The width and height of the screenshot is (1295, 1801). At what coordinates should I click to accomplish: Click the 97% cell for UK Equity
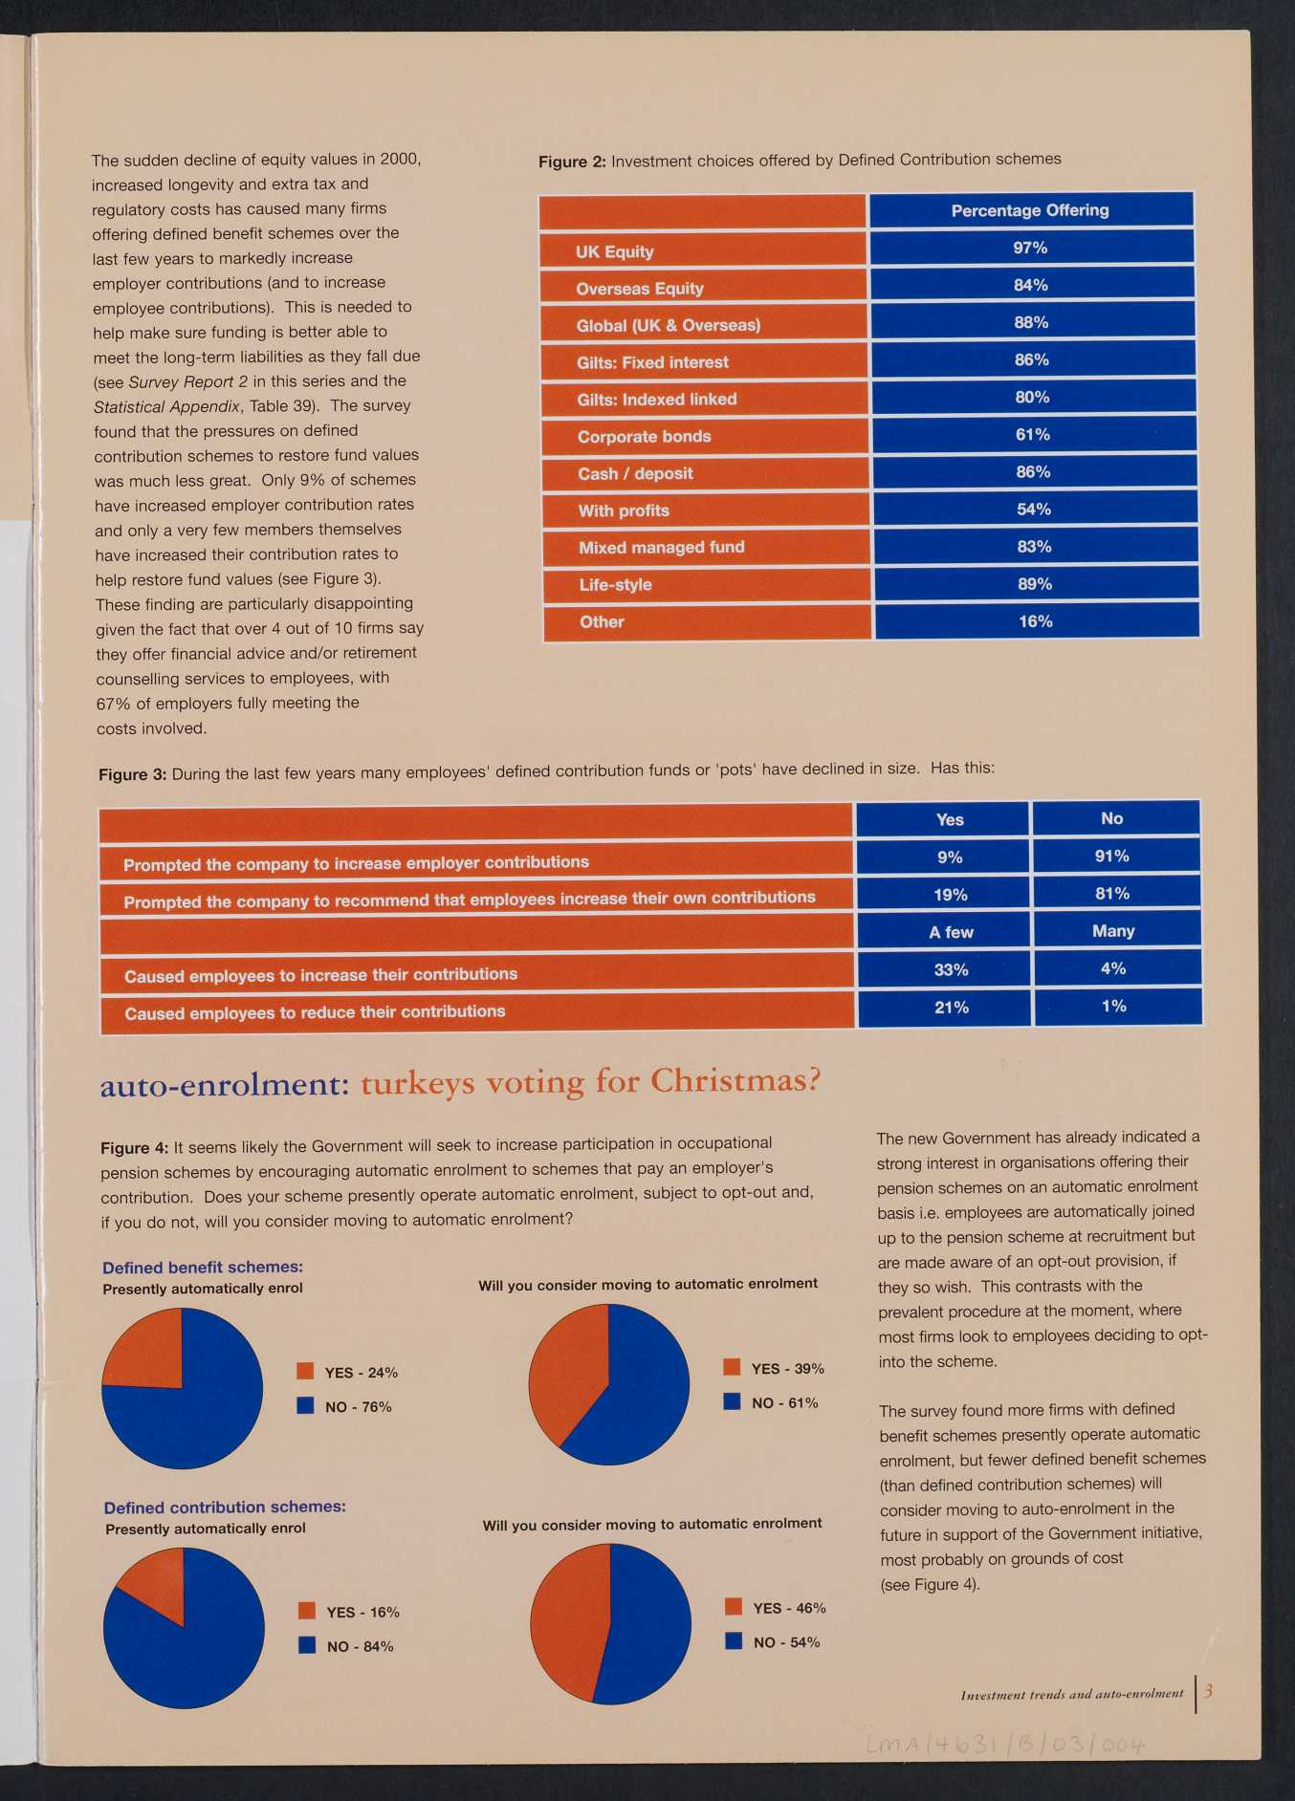tap(1031, 248)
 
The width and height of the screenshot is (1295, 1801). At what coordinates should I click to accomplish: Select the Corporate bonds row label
tap(645, 437)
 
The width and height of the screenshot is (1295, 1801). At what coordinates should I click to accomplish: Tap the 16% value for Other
tap(1036, 621)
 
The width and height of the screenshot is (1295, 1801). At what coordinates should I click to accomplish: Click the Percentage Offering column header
tap(1030, 210)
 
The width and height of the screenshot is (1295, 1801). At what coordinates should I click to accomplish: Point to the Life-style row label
tap(615, 585)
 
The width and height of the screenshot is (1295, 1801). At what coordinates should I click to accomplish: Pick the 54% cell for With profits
tap(1034, 510)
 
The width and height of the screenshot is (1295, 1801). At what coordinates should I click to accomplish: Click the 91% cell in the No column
tap(1112, 856)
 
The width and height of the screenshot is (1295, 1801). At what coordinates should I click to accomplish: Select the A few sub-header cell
tap(951, 932)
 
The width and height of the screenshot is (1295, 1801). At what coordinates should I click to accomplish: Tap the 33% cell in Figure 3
tap(952, 969)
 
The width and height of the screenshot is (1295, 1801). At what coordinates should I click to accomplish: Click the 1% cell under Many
tap(1114, 1006)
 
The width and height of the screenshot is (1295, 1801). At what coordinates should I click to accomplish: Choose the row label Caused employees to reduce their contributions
tap(315, 1012)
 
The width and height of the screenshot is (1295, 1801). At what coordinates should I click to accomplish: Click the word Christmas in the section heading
tap(735, 1080)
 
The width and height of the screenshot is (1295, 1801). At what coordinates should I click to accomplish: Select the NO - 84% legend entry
tap(346, 1646)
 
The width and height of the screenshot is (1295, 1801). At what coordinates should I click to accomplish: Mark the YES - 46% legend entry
tap(776, 1608)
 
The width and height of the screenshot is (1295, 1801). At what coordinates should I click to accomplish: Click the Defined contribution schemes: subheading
tap(226, 1507)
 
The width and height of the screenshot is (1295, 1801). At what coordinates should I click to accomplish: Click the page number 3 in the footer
tap(1209, 1691)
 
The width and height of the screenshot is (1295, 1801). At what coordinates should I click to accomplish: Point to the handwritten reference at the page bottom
tap(1005, 1746)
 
